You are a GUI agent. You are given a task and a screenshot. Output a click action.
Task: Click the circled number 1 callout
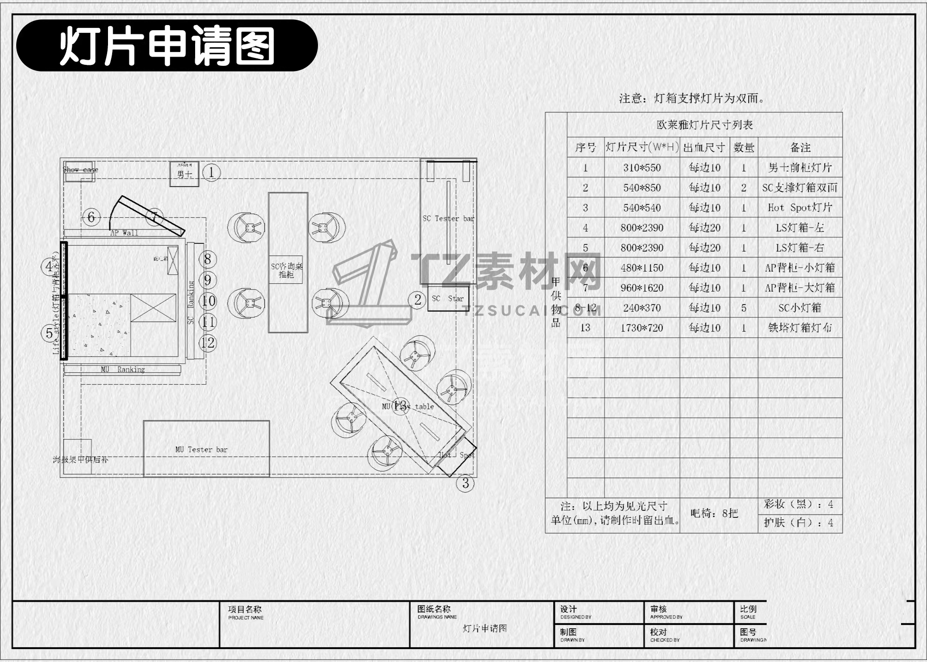pos(211,172)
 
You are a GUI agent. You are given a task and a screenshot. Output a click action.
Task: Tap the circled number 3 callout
pos(465,484)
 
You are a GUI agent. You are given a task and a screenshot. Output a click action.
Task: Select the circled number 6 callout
pos(91,217)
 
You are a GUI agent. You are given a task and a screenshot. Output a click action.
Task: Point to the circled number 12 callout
pos(208,343)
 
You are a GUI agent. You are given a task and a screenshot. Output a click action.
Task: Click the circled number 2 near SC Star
pos(418,300)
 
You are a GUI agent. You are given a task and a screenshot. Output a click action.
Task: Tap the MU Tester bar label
pos(201,449)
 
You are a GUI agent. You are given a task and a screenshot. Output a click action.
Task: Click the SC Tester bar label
pos(448,218)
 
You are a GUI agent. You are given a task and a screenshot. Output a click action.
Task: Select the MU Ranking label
pos(123,369)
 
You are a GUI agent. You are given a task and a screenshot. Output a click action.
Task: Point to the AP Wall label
pos(124,233)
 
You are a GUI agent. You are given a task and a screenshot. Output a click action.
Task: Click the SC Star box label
pos(447,299)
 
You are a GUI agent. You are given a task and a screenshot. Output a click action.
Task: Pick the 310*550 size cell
pos(642,168)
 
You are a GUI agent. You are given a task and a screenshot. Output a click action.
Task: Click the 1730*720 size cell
pos(642,328)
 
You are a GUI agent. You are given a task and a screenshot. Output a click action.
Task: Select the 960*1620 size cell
pos(642,288)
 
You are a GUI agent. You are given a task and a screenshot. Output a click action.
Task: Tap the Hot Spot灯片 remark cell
pos(800,208)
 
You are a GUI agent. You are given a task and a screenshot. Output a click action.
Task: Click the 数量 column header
pos(744,147)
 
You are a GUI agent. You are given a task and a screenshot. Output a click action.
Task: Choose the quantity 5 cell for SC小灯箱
pos(743,308)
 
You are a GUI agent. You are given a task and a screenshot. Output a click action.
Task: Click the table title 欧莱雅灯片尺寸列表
pos(705,125)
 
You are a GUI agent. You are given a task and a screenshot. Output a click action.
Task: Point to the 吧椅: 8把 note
pos(714,513)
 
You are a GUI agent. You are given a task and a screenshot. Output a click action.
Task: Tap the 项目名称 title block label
pos(245,609)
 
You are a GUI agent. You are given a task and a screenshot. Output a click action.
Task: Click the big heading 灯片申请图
pos(167,45)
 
